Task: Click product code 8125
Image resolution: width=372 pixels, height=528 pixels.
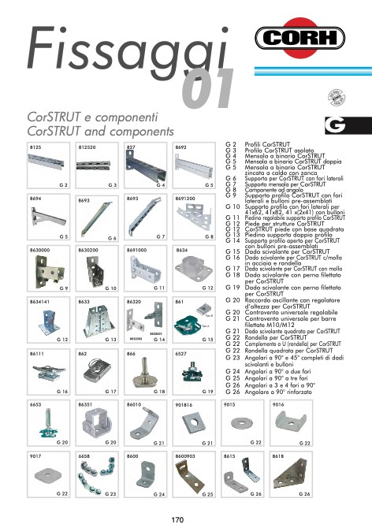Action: pyautogui.click(x=35, y=147)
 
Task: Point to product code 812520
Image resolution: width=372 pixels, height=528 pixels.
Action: pyautogui.click(x=87, y=147)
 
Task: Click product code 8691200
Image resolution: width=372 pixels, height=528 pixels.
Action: pyautogui.click(x=185, y=199)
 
